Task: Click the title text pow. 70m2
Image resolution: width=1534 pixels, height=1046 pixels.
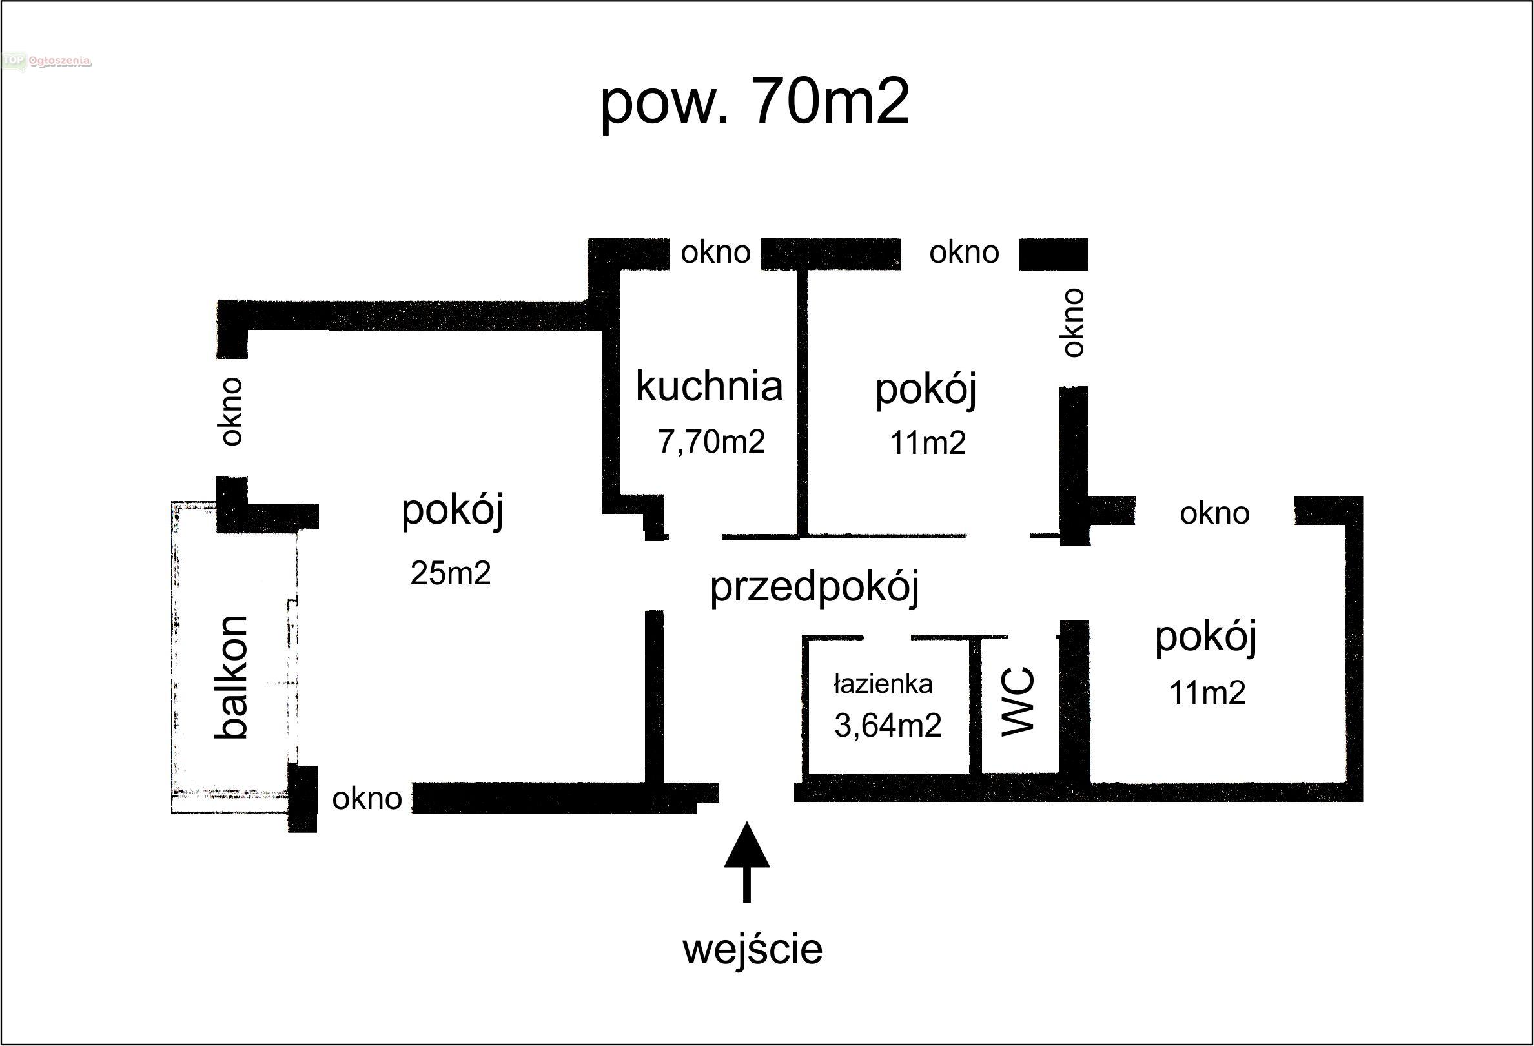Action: pos(755,104)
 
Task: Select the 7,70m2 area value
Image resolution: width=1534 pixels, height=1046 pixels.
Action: pos(711,441)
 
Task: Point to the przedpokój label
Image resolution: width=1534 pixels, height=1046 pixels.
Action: pos(815,587)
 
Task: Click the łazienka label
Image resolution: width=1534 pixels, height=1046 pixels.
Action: pos(883,684)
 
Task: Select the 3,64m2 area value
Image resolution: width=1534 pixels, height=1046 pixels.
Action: pos(888,725)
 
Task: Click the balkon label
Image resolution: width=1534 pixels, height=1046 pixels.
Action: pos(232,677)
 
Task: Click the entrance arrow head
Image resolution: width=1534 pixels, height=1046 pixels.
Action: pos(746,844)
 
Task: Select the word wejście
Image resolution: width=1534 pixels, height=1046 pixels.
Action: pos(753,949)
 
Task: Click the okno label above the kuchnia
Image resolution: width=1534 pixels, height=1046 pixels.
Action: pos(715,252)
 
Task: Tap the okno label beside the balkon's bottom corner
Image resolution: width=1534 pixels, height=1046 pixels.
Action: pos(367,799)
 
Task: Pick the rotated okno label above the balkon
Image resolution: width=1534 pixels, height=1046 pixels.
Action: pos(232,412)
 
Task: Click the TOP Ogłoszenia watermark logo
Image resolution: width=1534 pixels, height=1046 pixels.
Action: pos(46,61)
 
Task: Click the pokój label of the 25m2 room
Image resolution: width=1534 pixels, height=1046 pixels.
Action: pos(452,510)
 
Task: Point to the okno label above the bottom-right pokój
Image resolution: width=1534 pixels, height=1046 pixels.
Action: pos(1214,513)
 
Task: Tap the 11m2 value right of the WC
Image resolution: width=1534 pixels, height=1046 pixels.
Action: pos(1207,692)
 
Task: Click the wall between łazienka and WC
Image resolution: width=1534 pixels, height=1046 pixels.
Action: pos(976,705)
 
